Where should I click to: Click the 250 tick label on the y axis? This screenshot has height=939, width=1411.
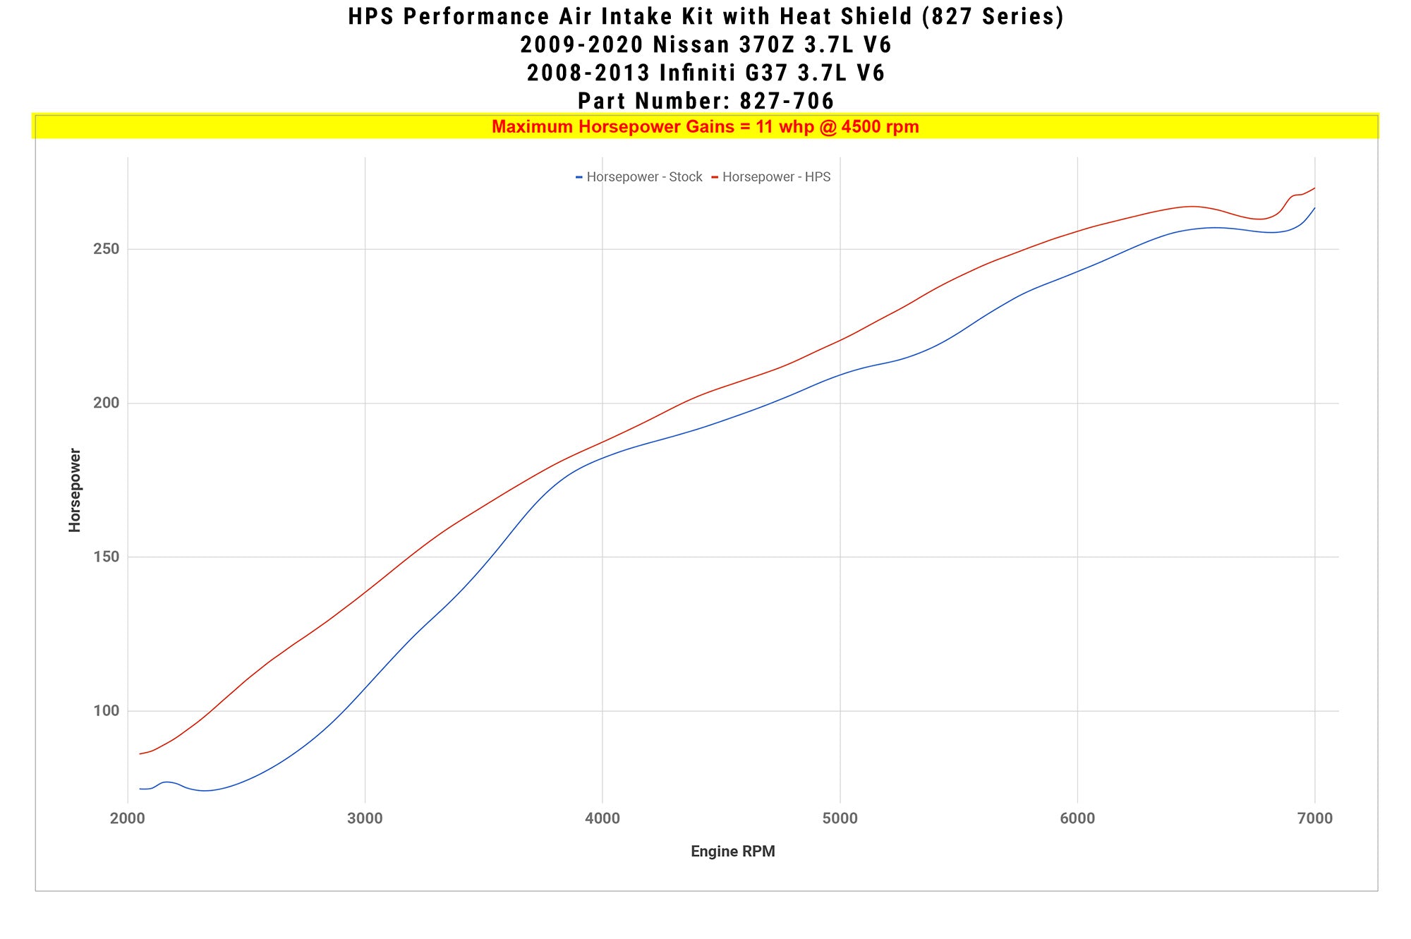point(106,249)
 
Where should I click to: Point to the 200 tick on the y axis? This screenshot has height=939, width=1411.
point(106,403)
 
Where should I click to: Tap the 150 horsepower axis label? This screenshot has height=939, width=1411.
point(106,557)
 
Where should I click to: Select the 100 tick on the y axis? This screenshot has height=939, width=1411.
point(106,710)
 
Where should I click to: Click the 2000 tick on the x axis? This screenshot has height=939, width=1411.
point(128,818)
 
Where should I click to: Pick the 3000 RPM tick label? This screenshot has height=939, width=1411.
point(365,818)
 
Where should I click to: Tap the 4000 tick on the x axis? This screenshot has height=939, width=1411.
point(602,818)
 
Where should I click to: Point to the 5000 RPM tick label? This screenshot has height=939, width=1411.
point(840,818)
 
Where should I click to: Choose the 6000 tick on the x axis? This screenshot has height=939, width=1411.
point(1077,818)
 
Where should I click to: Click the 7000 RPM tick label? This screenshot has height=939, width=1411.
point(1315,818)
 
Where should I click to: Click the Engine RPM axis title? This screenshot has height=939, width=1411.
point(732,852)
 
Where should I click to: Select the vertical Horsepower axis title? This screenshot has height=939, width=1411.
point(75,490)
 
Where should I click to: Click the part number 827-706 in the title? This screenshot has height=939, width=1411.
point(787,101)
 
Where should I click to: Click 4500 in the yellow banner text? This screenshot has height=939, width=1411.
point(860,127)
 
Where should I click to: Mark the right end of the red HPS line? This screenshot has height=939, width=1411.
point(1314,188)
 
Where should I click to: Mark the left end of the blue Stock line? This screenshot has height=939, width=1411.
point(140,788)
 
